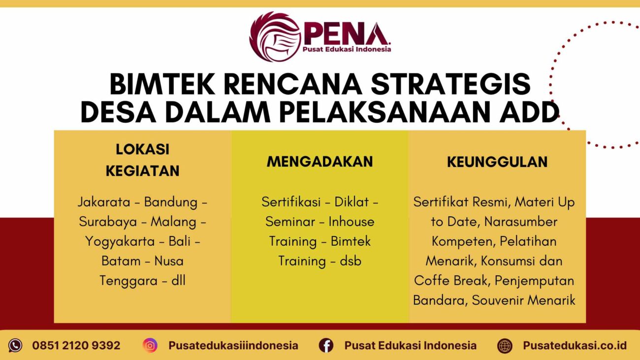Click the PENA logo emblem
(x=275, y=37)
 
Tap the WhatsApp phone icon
(x=15, y=345)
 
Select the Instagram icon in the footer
(x=150, y=345)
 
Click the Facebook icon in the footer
(x=326, y=345)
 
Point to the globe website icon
(x=505, y=345)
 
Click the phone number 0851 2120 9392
(x=76, y=345)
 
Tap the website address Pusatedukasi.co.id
(x=575, y=345)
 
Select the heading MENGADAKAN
(x=320, y=162)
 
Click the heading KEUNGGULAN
(x=497, y=162)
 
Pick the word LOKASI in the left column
(x=143, y=149)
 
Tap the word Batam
(x=120, y=261)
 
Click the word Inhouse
(x=352, y=222)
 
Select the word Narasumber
(x=521, y=222)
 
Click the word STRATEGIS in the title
(x=451, y=85)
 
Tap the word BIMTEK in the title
(x=162, y=85)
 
